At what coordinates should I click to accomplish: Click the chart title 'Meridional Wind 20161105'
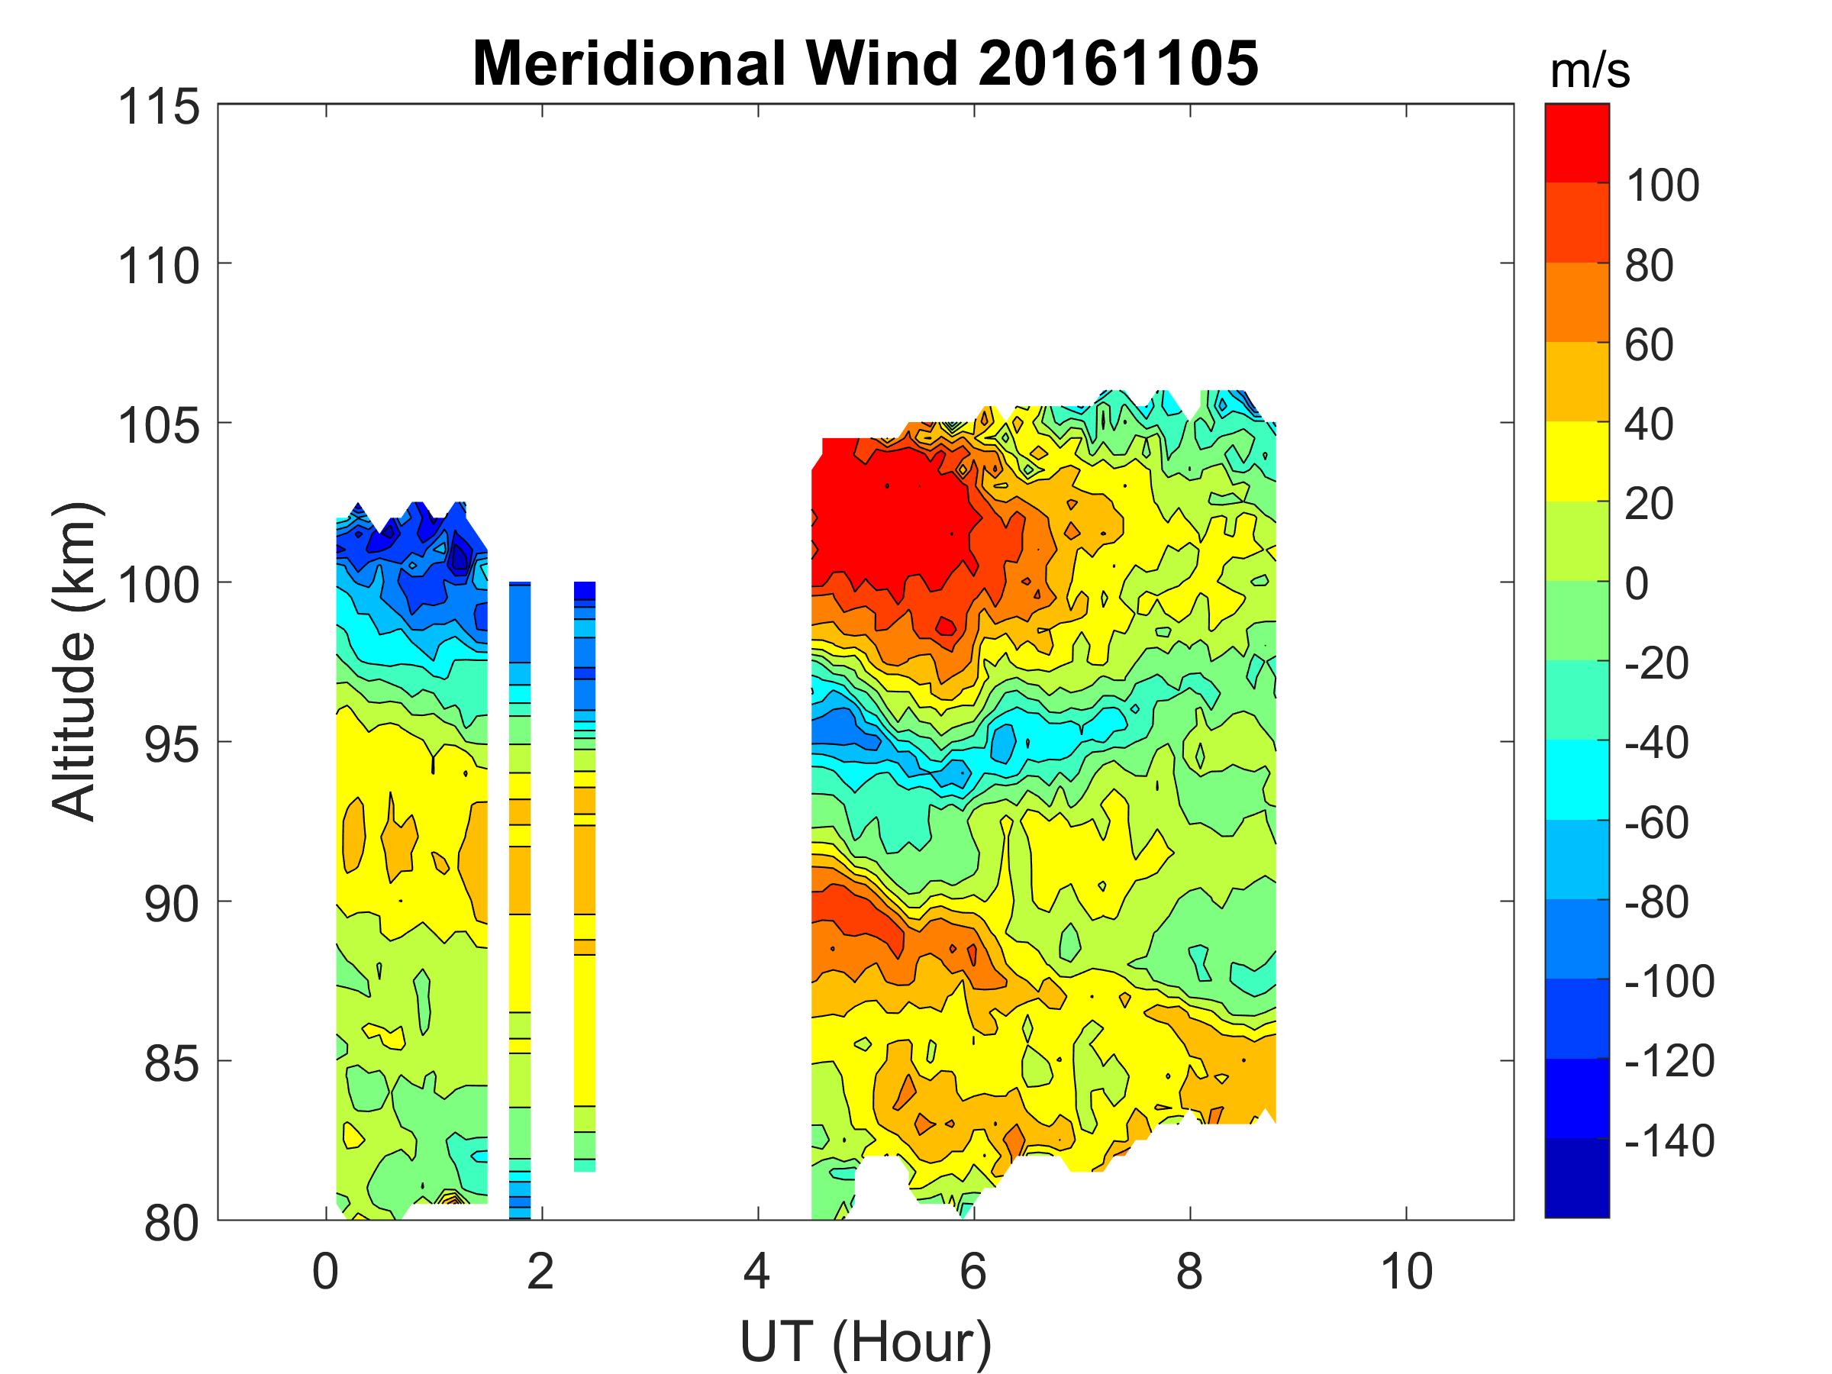tap(865, 64)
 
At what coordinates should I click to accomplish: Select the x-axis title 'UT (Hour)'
tap(865, 1341)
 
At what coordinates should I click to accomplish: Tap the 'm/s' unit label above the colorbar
tap(1589, 72)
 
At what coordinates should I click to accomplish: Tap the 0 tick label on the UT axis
tap(325, 1271)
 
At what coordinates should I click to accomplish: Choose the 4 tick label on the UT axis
tap(757, 1271)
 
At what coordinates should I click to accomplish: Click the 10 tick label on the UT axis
tap(1405, 1271)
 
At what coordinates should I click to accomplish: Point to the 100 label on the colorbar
tap(1663, 185)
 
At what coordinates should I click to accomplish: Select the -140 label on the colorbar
tap(1669, 1141)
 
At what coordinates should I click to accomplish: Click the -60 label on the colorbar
tap(1656, 822)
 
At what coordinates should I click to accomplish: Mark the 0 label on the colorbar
tap(1637, 585)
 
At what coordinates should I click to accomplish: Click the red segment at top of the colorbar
tap(1576, 140)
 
